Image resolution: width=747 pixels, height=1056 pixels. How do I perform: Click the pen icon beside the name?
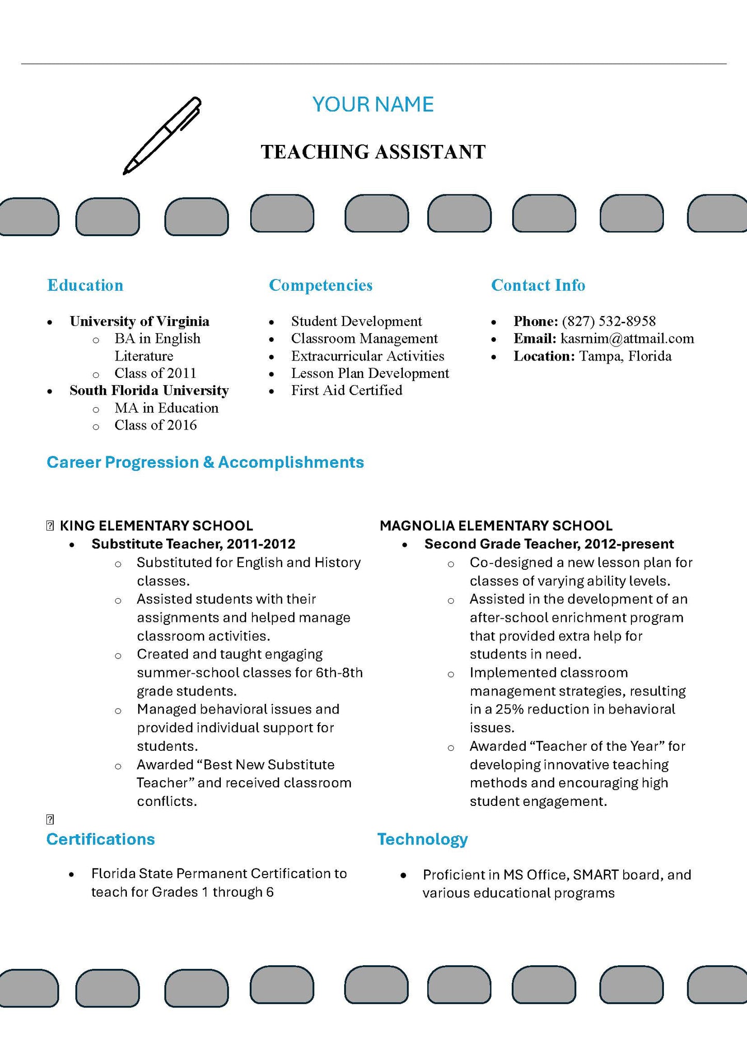[x=162, y=136]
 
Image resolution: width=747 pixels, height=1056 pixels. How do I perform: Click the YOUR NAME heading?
[x=373, y=105]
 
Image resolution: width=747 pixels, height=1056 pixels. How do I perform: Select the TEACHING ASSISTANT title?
[x=373, y=152]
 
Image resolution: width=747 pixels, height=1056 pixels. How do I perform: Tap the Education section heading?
[x=85, y=285]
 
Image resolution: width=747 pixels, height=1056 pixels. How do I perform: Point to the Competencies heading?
[x=320, y=285]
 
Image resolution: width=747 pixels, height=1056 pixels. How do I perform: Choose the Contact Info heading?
[x=538, y=285]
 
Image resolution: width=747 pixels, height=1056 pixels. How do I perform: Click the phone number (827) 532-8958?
[x=609, y=321]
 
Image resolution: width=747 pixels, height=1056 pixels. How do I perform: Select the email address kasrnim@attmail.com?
[x=627, y=339]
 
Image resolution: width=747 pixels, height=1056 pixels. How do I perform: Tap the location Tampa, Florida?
[x=625, y=356]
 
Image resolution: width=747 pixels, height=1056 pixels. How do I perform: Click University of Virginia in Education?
[x=139, y=321]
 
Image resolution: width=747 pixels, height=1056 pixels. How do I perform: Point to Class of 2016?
[x=155, y=425]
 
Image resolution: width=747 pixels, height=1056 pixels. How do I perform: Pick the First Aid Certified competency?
[x=347, y=390]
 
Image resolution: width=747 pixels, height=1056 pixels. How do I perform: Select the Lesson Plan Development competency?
[x=370, y=373]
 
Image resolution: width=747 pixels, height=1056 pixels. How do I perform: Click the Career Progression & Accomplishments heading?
[x=205, y=462]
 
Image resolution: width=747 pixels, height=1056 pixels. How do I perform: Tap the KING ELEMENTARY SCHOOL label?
[x=156, y=526]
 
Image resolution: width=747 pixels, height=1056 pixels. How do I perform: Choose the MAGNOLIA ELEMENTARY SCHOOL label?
[x=496, y=526]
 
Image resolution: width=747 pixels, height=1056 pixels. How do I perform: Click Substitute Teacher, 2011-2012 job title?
[x=193, y=544]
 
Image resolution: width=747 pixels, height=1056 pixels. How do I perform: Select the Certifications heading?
[x=101, y=839]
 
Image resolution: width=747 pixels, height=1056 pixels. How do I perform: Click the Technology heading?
[x=423, y=839]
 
